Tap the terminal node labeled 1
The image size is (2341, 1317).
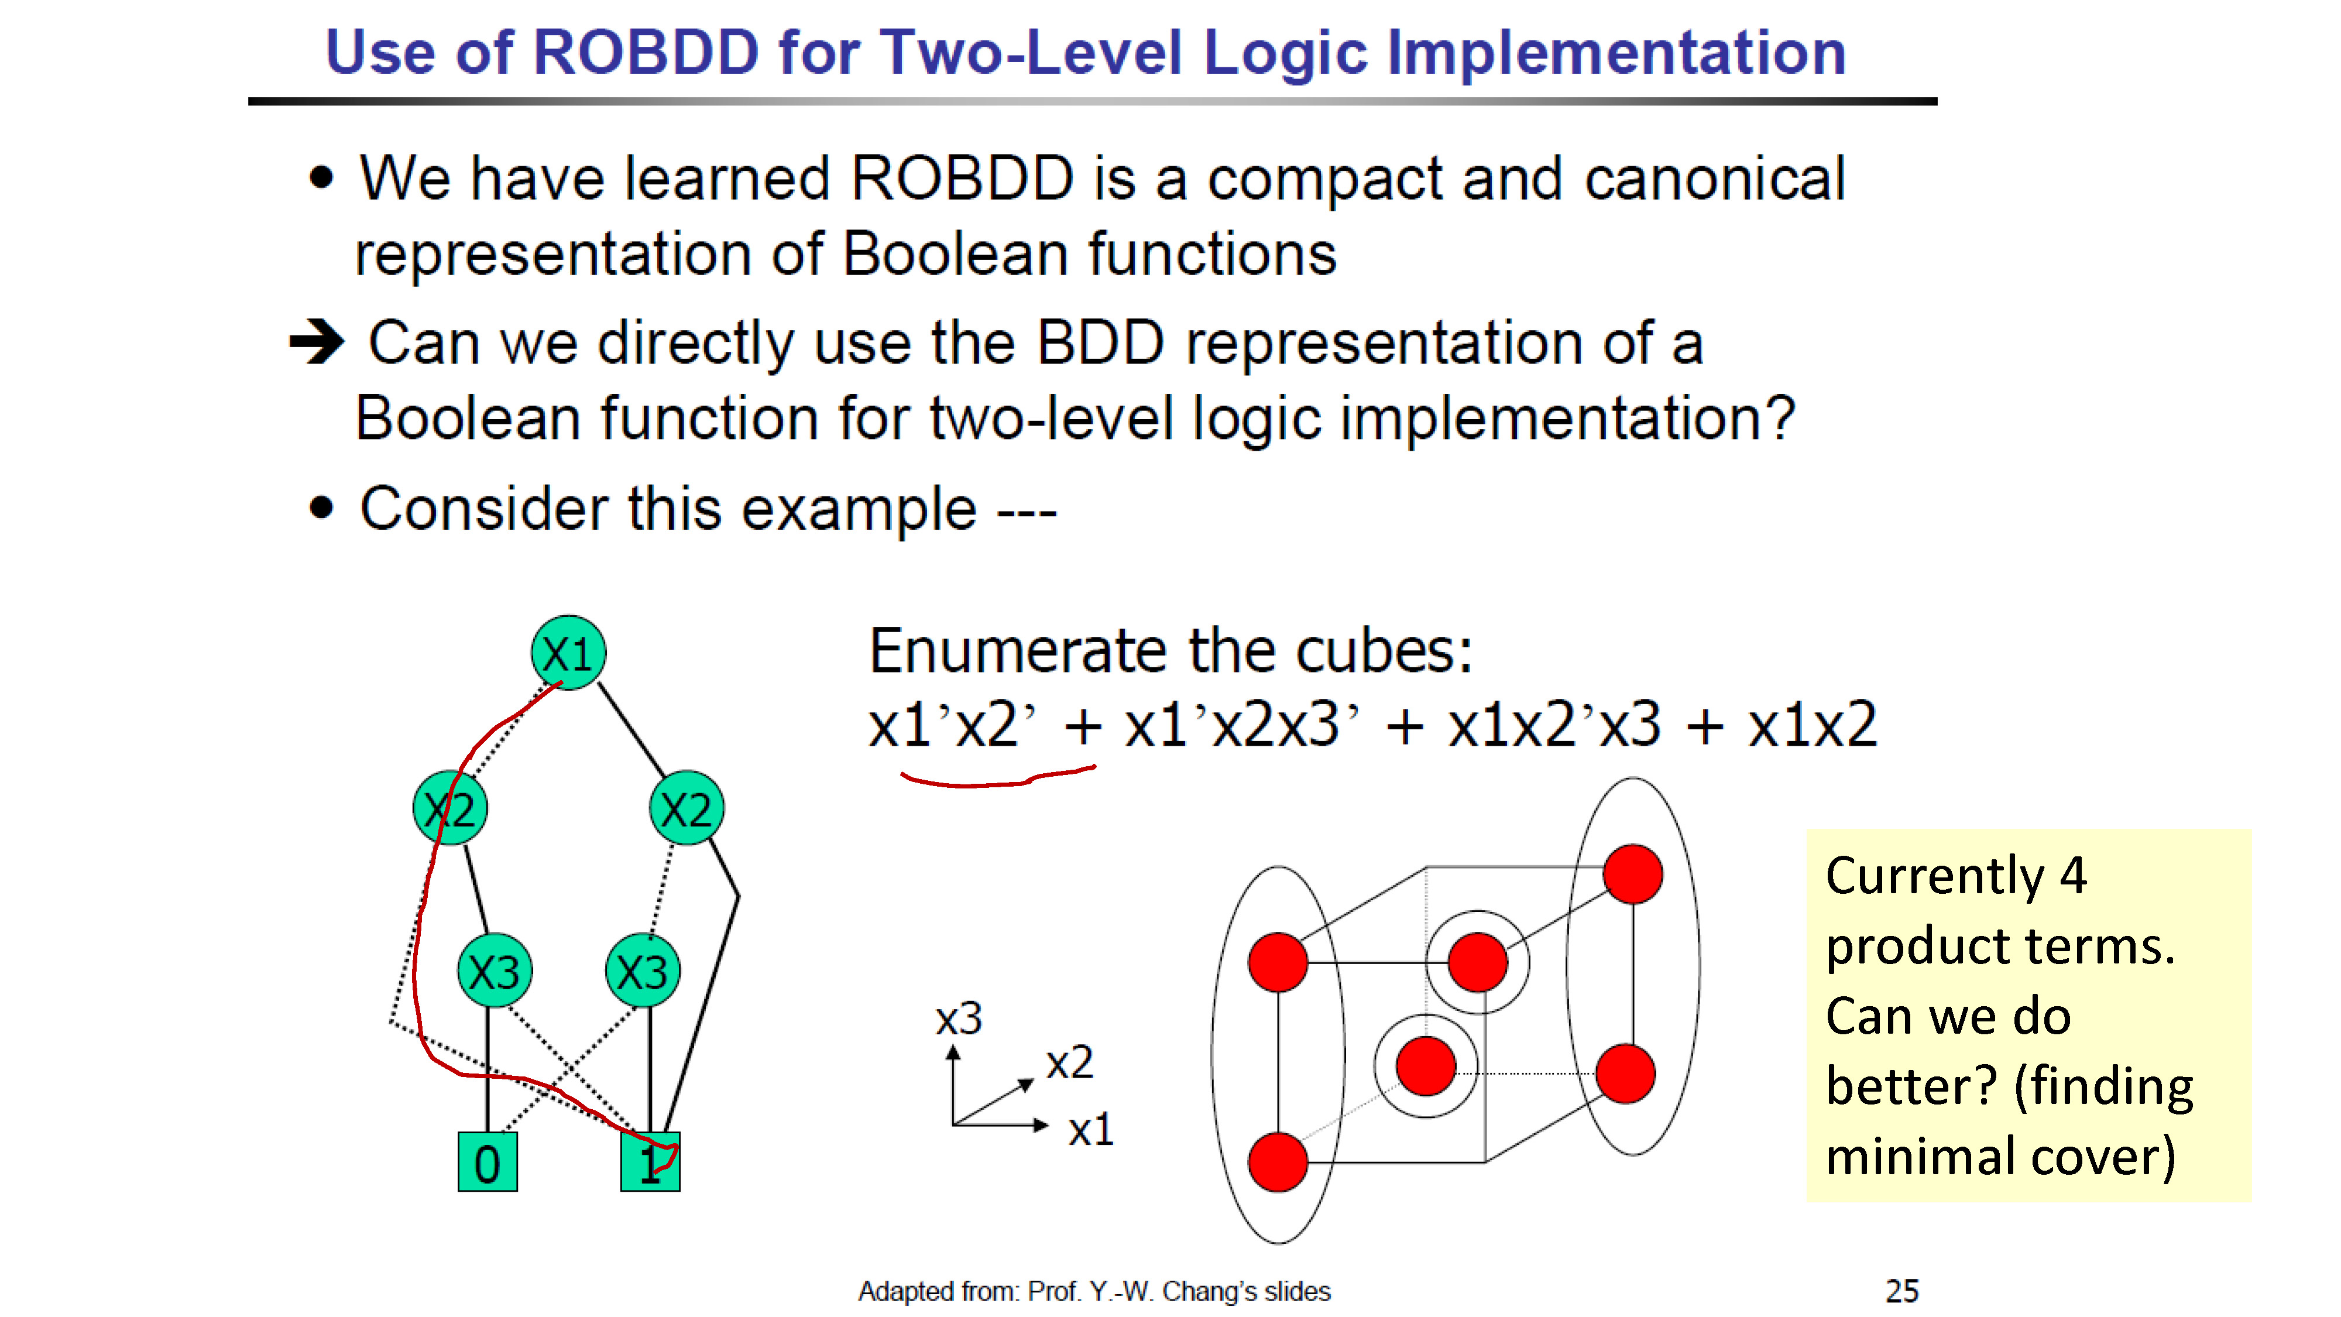tap(650, 1161)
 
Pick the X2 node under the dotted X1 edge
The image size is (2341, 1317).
tap(450, 808)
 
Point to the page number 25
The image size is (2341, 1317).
tap(1902, 1291)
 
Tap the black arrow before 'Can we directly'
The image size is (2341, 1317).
tap(316, 342)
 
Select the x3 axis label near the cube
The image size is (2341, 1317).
tap(959, 1019)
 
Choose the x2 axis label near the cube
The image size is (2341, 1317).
tap(1070, 1062)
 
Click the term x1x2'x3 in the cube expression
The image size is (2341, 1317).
tap(1554, 725)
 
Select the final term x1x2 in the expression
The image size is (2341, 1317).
tap(1812, 725)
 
